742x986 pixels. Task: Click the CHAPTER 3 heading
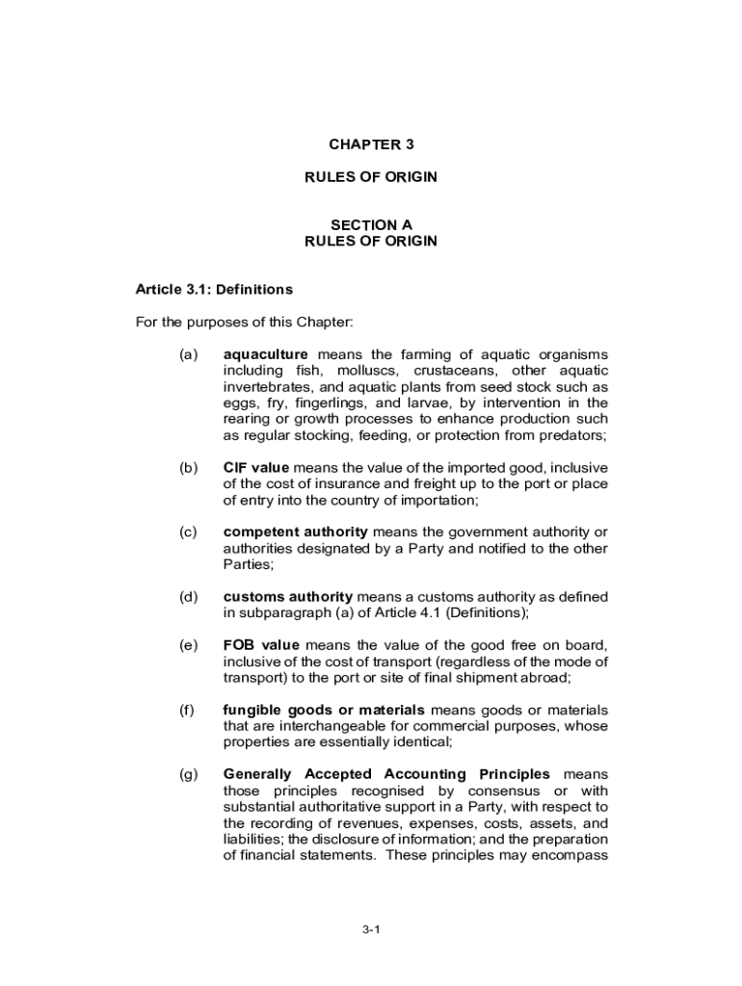(x=370, y=144)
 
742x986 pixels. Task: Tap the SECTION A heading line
(x=370, y=225)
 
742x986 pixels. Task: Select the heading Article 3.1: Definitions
(x=214, y=289)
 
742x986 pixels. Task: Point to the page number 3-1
(x=371, y=929)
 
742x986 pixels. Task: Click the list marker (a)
(x=188, y=354)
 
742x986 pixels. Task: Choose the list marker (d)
(x=188, y=597)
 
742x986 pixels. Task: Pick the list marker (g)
(x=188, y=774)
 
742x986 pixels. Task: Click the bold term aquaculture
(x=265, y=354)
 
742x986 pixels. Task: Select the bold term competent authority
(x=295, y=532)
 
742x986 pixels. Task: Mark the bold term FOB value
(x=260, y=645)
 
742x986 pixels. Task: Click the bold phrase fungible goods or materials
(x=324, y=711)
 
